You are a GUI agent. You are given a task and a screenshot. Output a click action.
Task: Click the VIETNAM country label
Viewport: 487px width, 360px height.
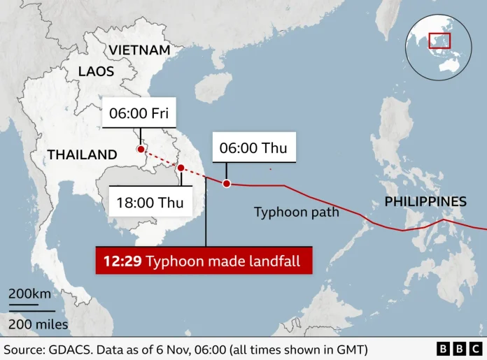click(x=140, y=50)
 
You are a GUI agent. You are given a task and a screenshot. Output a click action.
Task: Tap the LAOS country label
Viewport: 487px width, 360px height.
click(x=96, y=71)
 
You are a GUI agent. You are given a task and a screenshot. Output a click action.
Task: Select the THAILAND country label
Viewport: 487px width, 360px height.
click(x=82, y=154)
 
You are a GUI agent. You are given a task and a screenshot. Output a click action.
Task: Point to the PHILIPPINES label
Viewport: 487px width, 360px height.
click(x=425, y=202)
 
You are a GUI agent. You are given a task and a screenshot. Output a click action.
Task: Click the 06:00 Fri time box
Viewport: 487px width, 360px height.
click(x=139, y=113)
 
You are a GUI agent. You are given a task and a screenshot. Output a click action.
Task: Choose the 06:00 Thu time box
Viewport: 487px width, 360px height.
click(x=253, y=147)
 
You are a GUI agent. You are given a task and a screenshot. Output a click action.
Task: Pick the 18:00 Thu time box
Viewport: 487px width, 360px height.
click(x=151, y=203)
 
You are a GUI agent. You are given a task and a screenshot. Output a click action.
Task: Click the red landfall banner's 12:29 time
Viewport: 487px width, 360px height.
click(x=122, y=261)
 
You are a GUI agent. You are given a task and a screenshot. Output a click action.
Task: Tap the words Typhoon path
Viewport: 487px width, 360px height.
click(x=296, y=212)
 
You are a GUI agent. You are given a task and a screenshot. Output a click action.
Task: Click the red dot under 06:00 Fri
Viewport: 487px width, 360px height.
click(x=141, y=150)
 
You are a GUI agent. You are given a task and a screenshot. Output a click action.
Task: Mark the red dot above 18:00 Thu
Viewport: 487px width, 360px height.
click(x=181, y=168)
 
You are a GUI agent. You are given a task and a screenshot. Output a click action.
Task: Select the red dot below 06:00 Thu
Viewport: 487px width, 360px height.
click(x=226, y=184)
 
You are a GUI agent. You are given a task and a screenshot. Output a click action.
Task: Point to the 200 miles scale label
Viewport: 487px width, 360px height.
click(x=38, y=324)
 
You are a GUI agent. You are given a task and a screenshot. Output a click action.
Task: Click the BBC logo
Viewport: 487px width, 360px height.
click(x=458, y=348)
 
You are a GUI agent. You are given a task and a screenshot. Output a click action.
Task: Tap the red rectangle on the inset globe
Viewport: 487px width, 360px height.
click(x=439, y=41)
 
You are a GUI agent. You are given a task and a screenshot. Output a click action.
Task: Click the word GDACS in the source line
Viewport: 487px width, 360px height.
click(x=65, y=348)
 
